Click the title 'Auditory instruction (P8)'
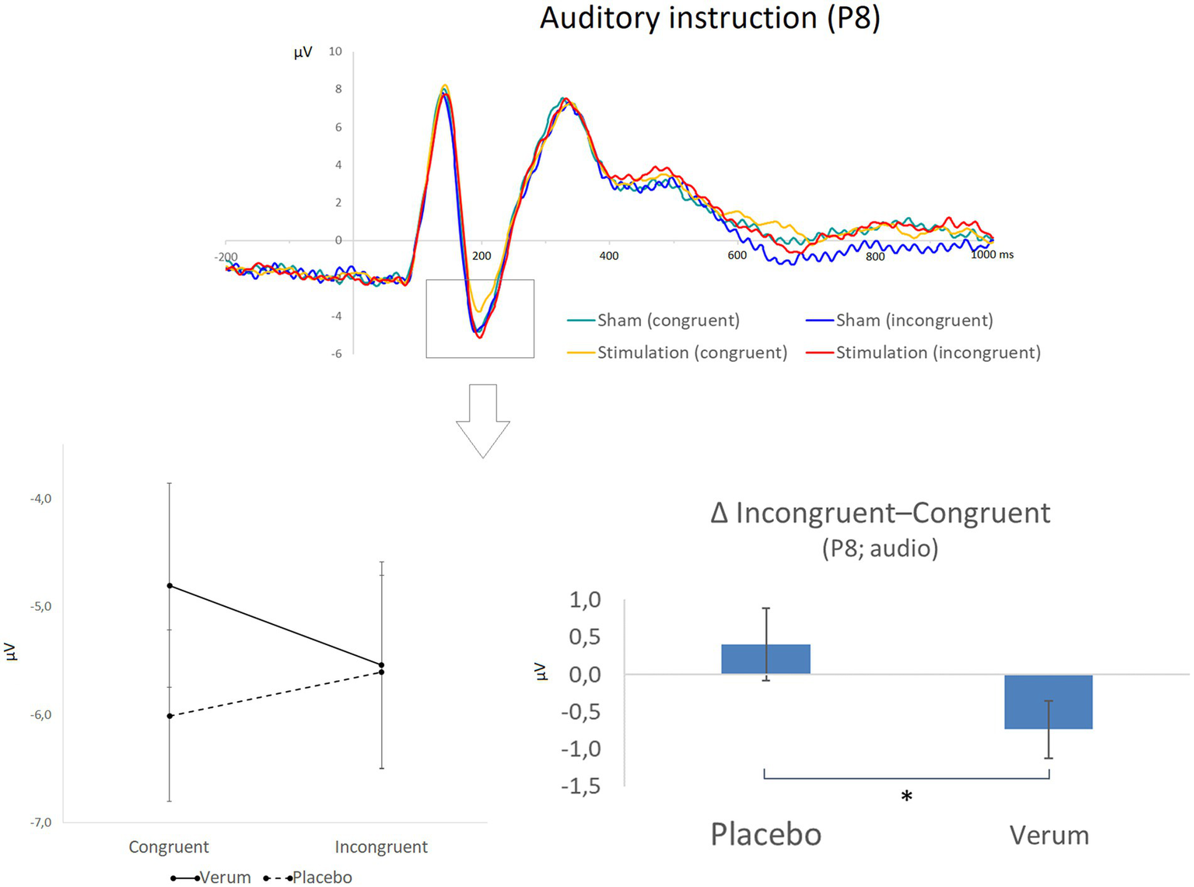pos(709,18)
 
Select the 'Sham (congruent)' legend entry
pos(667,321)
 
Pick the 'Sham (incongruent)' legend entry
pos(914,321)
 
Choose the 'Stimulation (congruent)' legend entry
pos(692,353)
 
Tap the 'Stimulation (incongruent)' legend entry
pos(937,353)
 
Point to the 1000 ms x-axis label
pos(992,254)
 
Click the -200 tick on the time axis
pos(226,257)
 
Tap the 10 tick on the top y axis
pos(335,51)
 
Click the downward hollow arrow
pos(482,420)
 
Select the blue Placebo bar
pos(765,659)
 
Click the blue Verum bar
pos(1049,702)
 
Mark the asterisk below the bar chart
pos(906,797)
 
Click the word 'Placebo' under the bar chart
pos(765,835)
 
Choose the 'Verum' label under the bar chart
pos(1049,836)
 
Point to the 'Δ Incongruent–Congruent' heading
pos(880,514)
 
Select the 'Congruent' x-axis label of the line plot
pos(169,847)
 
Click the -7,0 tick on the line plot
pos(40,822)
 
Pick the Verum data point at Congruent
pos(170,585)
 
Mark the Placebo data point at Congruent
pos(170,716)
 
